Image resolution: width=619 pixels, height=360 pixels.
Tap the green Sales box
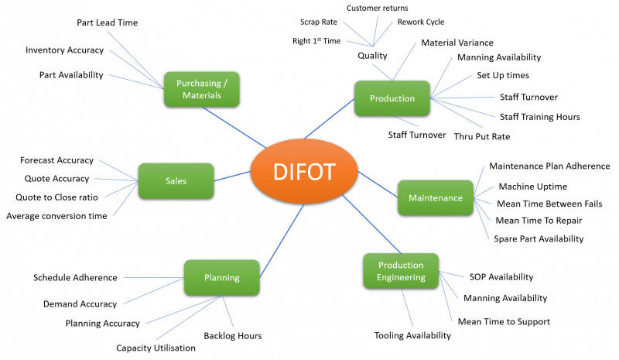(176, 180)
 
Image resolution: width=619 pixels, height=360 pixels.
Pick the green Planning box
(221, 277)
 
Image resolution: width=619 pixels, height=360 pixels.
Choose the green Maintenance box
(434, 197)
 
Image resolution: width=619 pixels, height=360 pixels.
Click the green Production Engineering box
(401, 272)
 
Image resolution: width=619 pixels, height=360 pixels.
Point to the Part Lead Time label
(107, 23)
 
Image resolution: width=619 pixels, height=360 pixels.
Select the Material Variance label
(457, 43)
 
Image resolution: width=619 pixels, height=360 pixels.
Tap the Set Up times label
(503, 77)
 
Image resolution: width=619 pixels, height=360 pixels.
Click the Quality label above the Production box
(372, 56)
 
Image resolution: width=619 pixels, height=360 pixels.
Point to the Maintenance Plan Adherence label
(549, 166)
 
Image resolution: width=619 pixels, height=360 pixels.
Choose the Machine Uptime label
(532, 187)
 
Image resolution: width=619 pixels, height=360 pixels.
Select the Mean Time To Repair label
(533, 220)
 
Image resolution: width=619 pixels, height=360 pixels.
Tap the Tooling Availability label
(412, 335)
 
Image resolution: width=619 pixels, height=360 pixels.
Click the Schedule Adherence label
(75, 277)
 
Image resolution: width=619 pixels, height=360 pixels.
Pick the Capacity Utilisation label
(156, 349)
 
